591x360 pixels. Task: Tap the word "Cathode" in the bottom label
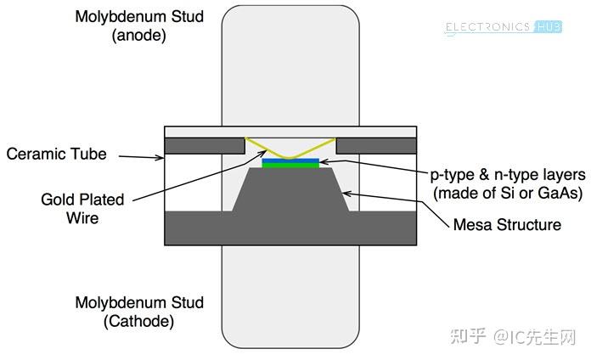[138, 322]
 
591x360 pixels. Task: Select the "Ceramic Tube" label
[57, 154]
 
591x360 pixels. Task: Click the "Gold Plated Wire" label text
[82, 209]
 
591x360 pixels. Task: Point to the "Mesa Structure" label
[507, 225]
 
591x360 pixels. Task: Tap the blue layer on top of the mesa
[291, 160]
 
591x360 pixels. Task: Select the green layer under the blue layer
[291, 166]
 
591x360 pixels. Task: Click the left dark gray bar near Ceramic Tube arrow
[204, 146]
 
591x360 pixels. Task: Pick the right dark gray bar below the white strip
[376, 146]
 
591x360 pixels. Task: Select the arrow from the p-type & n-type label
[374, 167]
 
